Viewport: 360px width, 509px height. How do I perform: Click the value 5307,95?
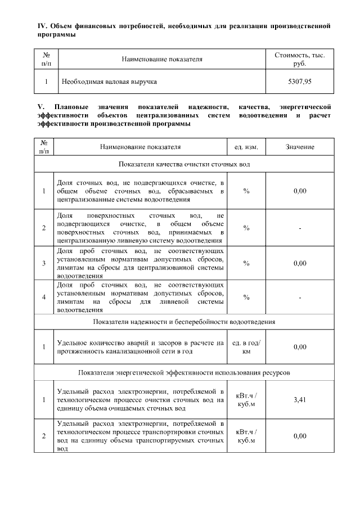click(299, 82)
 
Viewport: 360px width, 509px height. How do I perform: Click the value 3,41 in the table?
click(299, 399)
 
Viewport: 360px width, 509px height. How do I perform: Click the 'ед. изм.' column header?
click(246, 147)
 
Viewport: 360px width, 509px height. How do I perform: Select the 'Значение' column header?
click(299, 147)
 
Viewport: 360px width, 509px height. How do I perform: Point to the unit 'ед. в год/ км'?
click(246, 347)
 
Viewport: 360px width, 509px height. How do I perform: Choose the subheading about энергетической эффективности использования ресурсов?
click(184, 372)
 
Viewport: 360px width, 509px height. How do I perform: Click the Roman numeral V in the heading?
click(39, 106)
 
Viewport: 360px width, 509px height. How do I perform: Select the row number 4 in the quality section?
click(44, 297)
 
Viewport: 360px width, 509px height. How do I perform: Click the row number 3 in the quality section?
click(44, 263)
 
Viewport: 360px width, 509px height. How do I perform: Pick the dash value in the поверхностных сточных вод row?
click(299, 228)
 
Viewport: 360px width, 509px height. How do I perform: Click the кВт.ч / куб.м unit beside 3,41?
click(246, 399)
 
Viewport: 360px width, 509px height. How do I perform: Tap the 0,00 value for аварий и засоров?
click(299, 347)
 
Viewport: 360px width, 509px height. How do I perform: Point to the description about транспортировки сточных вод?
click(141, 436)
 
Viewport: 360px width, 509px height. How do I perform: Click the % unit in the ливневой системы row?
click(246, 297)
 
